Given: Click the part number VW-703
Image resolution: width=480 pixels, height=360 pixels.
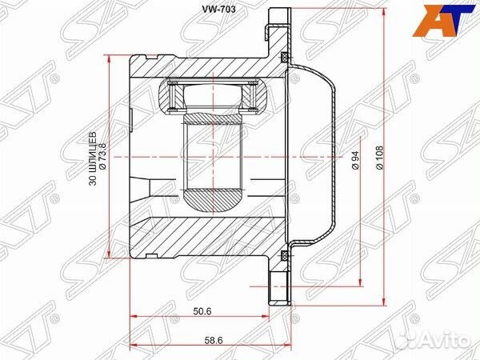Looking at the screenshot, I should (218, 10).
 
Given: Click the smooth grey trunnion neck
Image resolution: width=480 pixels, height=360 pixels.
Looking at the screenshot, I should (212, 152).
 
